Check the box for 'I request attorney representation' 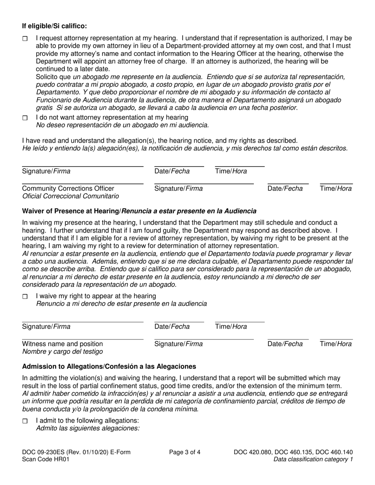[x=25, y=39]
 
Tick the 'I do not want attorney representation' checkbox [x=25, y=118]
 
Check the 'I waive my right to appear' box [x=25, y=297]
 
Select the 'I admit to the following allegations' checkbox [x=25, y=421]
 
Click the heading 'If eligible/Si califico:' [x=54, y=26]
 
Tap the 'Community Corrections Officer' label [x=68, y=188]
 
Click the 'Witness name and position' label [x=62, y=344]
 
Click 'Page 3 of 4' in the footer [x=185, y=452]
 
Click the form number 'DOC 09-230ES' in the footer [x=43, y=452]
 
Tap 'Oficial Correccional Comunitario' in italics [x=70, y=196]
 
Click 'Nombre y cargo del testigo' [x=62, y=351]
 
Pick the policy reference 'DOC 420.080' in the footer [x=251, y=452]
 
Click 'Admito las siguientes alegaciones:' [x=88, y=428]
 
